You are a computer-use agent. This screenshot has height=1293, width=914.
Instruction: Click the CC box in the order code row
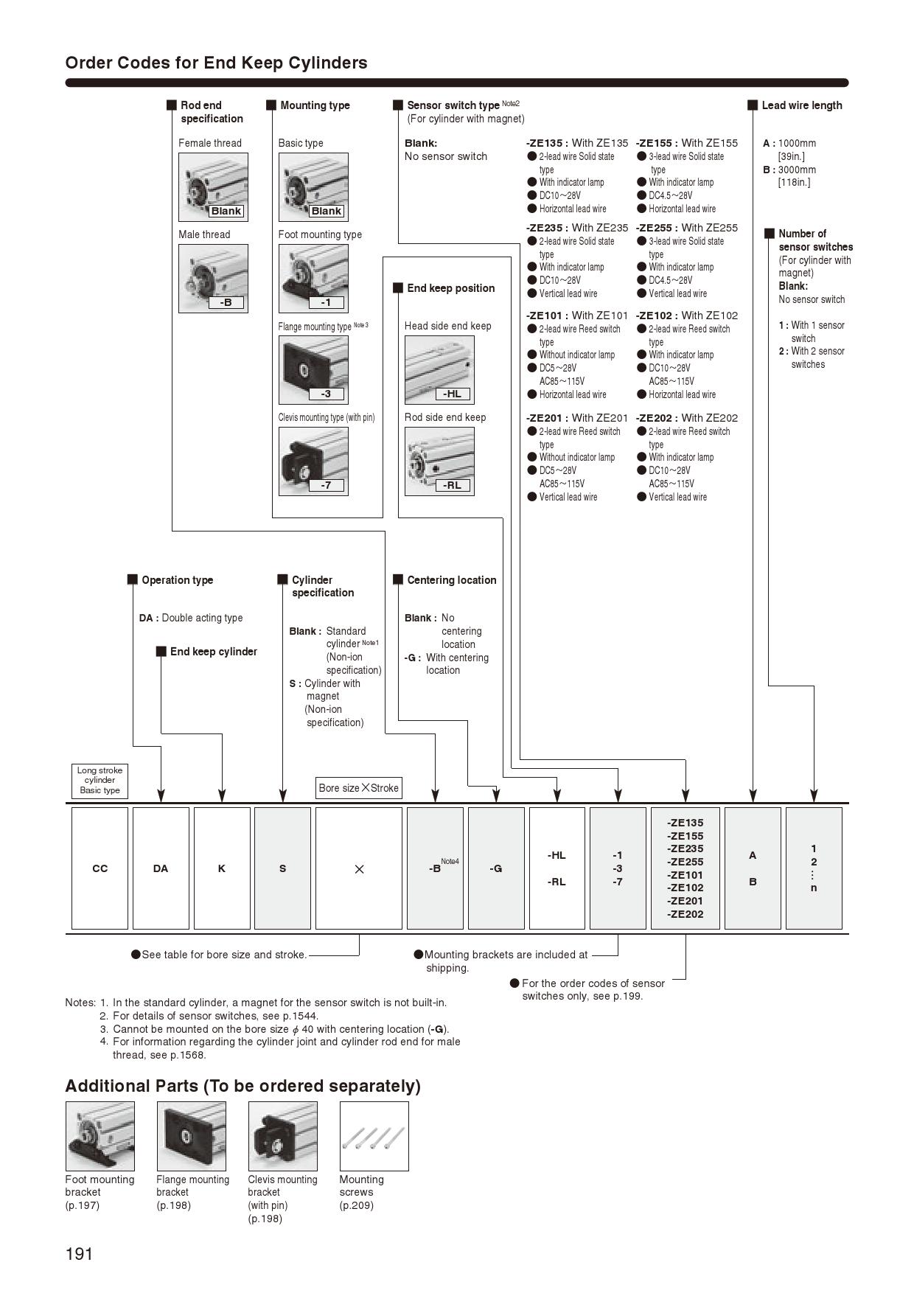(x=100, y=868)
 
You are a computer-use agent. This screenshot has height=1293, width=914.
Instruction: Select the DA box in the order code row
(x=161, y=868)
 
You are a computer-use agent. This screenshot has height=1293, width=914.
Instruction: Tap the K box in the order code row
(x=221, y=868)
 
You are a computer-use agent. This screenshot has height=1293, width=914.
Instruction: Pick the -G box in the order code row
(x=496, y=868)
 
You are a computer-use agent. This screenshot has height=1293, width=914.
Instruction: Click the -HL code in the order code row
(x=557, y=855)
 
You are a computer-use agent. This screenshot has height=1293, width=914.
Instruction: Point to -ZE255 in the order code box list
(x=685, y=862)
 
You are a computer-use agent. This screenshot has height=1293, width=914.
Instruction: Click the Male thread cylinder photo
(x=213, y=279)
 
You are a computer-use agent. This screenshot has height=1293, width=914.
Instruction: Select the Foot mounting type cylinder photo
(x=313, y=279)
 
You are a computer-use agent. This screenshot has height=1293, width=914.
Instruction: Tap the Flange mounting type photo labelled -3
(x=313, y=370)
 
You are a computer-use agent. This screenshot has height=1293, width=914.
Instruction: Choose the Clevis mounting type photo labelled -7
(x=313, y=461)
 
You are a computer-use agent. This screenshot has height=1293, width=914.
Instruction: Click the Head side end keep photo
(x=439, y=370)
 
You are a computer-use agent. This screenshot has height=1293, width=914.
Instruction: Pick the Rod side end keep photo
(x=439, y=461)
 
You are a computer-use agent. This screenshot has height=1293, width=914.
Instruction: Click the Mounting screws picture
(x=374, y=1136)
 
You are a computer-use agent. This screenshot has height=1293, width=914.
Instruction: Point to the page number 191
(x=79, y=1254)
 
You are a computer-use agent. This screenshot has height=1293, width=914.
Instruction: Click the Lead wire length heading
(x=801, y=105)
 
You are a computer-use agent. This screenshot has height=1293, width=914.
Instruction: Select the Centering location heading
(x=451, y=580)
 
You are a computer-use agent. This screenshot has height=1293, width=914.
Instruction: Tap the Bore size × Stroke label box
(x=358, y=788)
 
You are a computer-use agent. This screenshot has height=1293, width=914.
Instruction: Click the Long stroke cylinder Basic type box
(x=100, y=780)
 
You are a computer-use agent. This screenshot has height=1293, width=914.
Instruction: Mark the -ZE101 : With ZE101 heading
(x=576, y=316)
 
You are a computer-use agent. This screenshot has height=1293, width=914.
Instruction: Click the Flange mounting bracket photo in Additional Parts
(x=192, y=1136)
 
